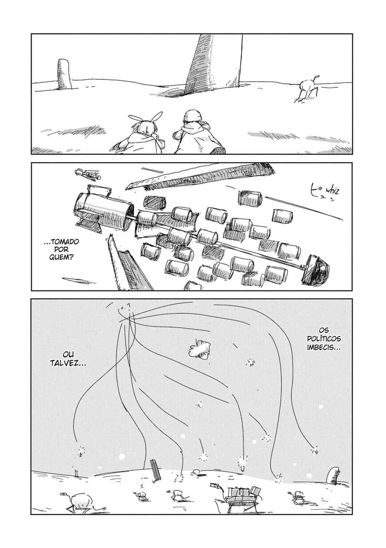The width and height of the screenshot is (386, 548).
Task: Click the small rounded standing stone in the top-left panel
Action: (64, 74)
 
